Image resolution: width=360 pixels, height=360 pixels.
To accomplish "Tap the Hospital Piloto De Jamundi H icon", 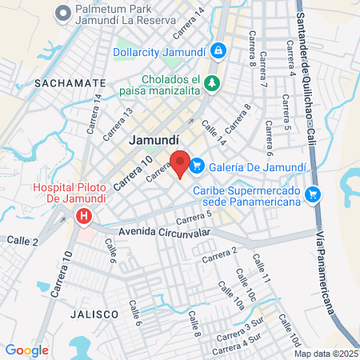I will coord(83,215).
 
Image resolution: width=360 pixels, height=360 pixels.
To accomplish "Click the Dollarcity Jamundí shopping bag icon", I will coord(218,50).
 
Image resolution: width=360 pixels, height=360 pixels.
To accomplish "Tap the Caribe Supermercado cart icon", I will coord(313,193).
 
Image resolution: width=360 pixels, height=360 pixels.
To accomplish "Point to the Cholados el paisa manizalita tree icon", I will coord(212,82).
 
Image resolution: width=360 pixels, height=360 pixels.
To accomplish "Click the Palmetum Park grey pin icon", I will coord(62,14).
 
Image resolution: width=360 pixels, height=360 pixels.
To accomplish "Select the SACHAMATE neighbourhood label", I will coord(70,82).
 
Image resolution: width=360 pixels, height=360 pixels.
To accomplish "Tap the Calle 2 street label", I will coord(22,241).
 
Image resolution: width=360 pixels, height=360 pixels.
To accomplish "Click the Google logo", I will coord(26,350).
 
